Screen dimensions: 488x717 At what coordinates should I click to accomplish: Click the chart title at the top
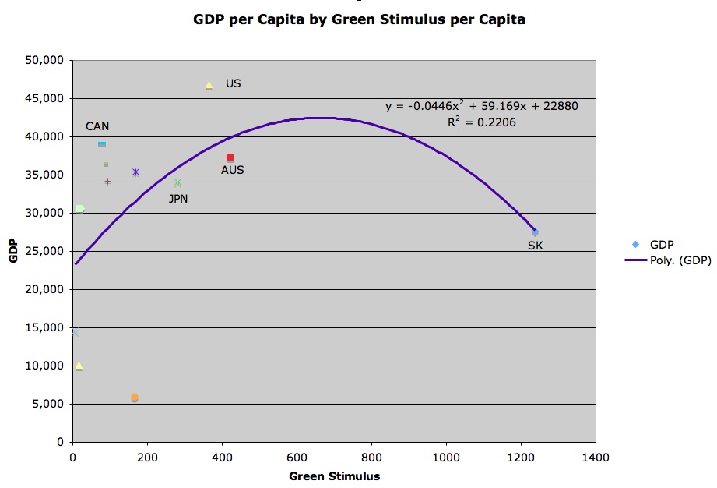tap(359, 19)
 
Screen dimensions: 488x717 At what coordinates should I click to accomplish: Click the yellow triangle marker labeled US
tap(209, 85)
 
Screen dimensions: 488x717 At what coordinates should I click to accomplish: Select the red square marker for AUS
tap(230, 157)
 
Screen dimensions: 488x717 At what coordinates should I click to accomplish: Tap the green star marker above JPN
tap(177, 183)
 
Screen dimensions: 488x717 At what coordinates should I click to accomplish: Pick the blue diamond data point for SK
tap(535, 232)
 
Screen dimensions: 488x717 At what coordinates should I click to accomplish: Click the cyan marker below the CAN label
tap(102, 144)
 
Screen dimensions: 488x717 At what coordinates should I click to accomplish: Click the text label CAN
tap(97, 126)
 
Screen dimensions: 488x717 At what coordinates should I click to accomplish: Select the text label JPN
tap(178, 199)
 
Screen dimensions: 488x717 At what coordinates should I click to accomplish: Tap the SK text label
tap(536, 246)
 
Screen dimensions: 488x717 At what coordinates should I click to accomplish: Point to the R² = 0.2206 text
tap(481, 122)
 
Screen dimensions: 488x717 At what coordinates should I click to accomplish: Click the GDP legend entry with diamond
tap(661, 244)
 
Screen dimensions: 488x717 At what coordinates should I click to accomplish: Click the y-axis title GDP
tap(14, 251)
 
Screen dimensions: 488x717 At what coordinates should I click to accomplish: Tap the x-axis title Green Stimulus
tap(334, 476)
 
